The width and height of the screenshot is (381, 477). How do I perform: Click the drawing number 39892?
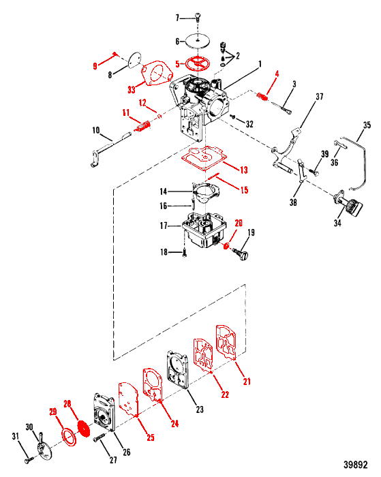point(355,465)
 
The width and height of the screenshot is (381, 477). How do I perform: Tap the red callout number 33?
point(132,90)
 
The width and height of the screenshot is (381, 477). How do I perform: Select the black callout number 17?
point(164,226)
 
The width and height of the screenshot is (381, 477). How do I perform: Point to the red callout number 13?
point(244,170)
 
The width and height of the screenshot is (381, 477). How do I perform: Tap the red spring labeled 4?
point(262,97)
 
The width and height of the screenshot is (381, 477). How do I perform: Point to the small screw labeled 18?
point(185,253)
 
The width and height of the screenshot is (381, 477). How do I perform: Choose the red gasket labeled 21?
point(226,341)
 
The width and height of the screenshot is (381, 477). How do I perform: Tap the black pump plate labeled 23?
point(178,369)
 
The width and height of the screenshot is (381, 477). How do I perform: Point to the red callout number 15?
point(244,190)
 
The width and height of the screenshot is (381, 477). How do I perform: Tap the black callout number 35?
point(367,125)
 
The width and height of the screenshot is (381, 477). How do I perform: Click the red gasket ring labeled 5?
point(198,64)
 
